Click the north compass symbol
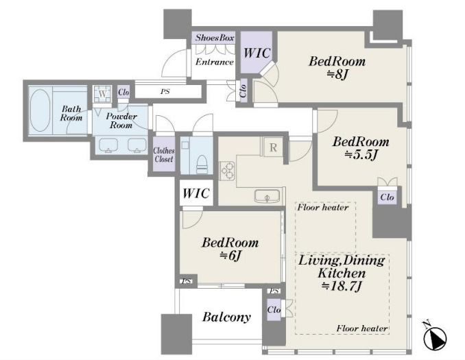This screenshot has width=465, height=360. click(435, 337)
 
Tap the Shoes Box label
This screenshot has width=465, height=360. click(215, 38)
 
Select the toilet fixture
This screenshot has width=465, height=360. click(203, 164)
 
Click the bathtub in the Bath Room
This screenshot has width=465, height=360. click(40, 110)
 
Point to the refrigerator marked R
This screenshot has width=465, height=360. click(273, 147)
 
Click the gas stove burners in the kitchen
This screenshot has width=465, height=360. click(227, 171)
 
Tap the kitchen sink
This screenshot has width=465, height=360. click(267, 196)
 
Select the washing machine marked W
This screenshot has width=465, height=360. click(102, 94)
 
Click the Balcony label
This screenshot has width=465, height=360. click(226, 317)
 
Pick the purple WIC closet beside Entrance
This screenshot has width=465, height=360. click(256, 53)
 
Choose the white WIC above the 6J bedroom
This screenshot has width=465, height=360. click(196, 193)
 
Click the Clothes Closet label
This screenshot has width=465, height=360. click(164, 155)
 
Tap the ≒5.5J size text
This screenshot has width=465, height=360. click(361, 154)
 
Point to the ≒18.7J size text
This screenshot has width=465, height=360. click(342, 286)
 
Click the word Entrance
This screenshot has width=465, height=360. click(214, 62)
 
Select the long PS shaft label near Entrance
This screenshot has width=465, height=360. click(165, 92)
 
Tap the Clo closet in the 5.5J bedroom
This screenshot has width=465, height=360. click(387, 197)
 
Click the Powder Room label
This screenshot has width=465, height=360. click(121, 121)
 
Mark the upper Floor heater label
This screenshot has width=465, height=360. click(323, 207)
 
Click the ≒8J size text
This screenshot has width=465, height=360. click(337, 75)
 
